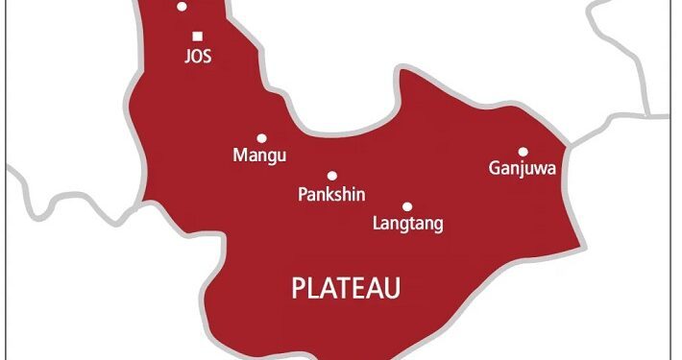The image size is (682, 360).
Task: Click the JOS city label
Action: coord(197,57)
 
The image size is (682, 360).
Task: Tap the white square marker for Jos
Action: coord(197,36)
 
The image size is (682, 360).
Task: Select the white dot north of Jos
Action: coord(182,7)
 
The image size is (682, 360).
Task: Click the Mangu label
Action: coord(260,155)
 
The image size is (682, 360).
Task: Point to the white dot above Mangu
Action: coord(261,137)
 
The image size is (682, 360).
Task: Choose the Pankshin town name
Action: coord(331,195)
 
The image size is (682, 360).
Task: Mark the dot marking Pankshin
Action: coord(332,176)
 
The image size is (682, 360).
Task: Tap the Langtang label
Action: coord(406,225)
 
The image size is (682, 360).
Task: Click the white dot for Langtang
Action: coord(407,206)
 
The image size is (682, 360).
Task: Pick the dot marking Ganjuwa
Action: coord(524,151)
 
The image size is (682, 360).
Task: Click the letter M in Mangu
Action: coord(240,155)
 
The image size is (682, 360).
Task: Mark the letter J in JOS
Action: coord(186,57)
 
